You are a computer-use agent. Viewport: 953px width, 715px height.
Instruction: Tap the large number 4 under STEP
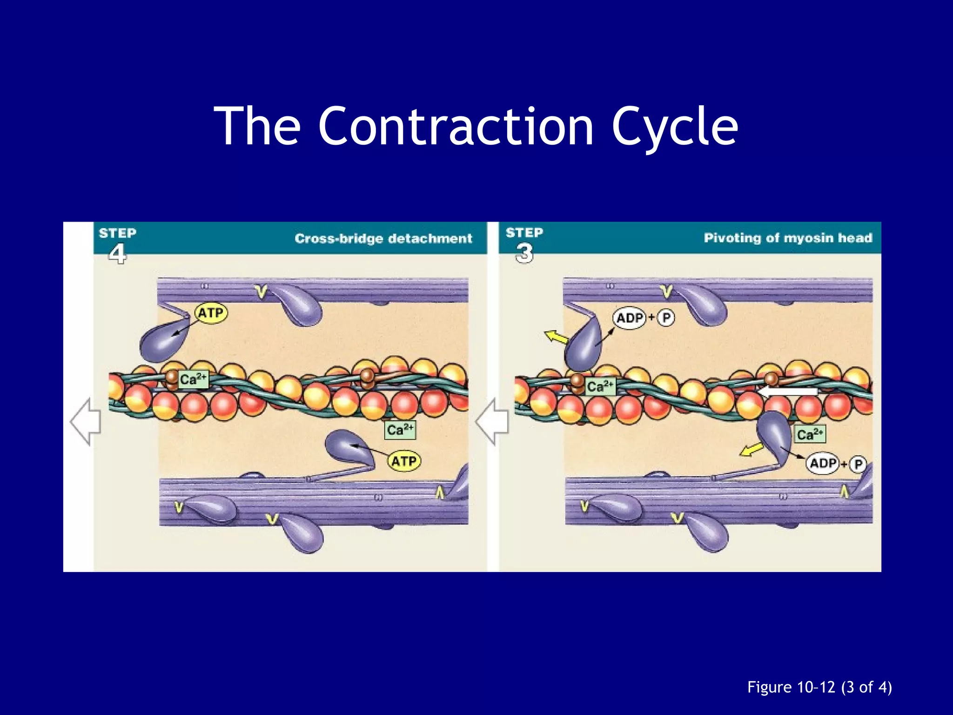click(x=117, y=254)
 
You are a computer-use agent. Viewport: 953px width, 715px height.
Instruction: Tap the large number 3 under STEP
click(x=524, y=254)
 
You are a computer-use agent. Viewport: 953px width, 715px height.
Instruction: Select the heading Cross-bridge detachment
click(x=383, y=238)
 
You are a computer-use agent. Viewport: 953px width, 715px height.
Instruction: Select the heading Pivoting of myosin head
click(x=788, y=238)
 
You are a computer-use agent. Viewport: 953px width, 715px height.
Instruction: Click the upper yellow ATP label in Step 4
click(x=211, y=313)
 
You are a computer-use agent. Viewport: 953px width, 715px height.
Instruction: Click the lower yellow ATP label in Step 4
click(x=404, y=461)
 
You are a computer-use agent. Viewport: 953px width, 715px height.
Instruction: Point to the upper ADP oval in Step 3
click(x=630, y=318)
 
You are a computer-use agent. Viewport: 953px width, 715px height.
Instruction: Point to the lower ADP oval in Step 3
click(x=823, y=464)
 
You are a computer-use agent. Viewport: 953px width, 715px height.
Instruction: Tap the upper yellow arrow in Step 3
click(x=556, y=336)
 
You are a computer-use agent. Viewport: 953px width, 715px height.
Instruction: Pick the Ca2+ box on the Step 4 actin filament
click(x=193, y=379)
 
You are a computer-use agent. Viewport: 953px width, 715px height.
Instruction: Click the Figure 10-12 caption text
click(x=819, y=687)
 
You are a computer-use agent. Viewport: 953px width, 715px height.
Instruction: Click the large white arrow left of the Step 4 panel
click(x=86, y=421)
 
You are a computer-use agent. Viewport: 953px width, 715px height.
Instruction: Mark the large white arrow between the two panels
click(x=492, y=421)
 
